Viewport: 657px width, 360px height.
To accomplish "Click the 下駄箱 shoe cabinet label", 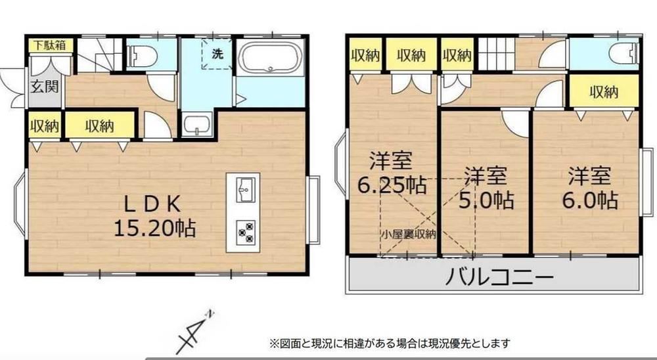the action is [x=50, y=45].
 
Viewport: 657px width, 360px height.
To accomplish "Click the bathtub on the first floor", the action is [x=270, y=57].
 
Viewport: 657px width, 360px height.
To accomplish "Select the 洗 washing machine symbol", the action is [x=217, y=54].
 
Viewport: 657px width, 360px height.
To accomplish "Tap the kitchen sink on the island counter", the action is [x=245, y=190].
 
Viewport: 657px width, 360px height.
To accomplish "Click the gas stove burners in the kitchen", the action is [x=245, y=232].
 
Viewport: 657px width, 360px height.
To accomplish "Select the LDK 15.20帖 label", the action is [x=154, y=216].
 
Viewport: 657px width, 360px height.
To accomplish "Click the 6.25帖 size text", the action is [x=392, y=185].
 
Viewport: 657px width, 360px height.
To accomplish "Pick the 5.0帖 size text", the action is [x=486, y=200].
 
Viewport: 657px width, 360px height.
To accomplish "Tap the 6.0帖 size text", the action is [x=589, y=200].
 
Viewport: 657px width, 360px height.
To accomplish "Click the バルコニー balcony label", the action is [x=499, y=277].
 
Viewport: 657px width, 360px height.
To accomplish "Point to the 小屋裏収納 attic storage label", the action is [x=408, y=235].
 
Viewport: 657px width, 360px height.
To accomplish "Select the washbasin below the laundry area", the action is [x=198, y=124].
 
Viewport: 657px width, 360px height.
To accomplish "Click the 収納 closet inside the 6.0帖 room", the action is [x=603, y=91].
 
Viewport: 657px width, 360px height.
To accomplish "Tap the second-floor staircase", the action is [x=497, y=54].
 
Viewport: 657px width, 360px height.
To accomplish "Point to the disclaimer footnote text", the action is [x=390, y=344].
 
